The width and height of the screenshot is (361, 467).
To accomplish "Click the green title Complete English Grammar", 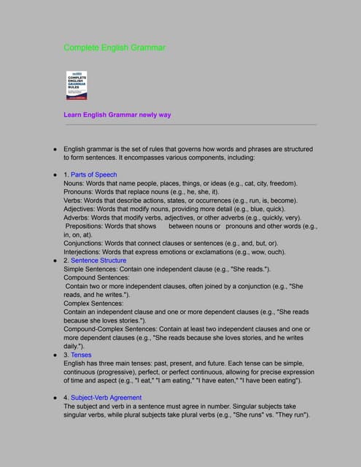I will coord(114,48).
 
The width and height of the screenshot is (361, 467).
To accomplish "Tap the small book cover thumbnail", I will coord(77,85).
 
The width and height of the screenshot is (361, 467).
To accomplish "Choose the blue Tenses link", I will coord(81,355).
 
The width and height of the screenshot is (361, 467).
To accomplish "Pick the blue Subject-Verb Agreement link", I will coord(106,398).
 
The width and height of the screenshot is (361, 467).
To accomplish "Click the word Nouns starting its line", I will coord(75,184).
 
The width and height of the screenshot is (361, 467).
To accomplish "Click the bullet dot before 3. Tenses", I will coord(55,355).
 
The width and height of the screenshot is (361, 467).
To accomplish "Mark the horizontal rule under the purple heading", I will coord(190,125).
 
